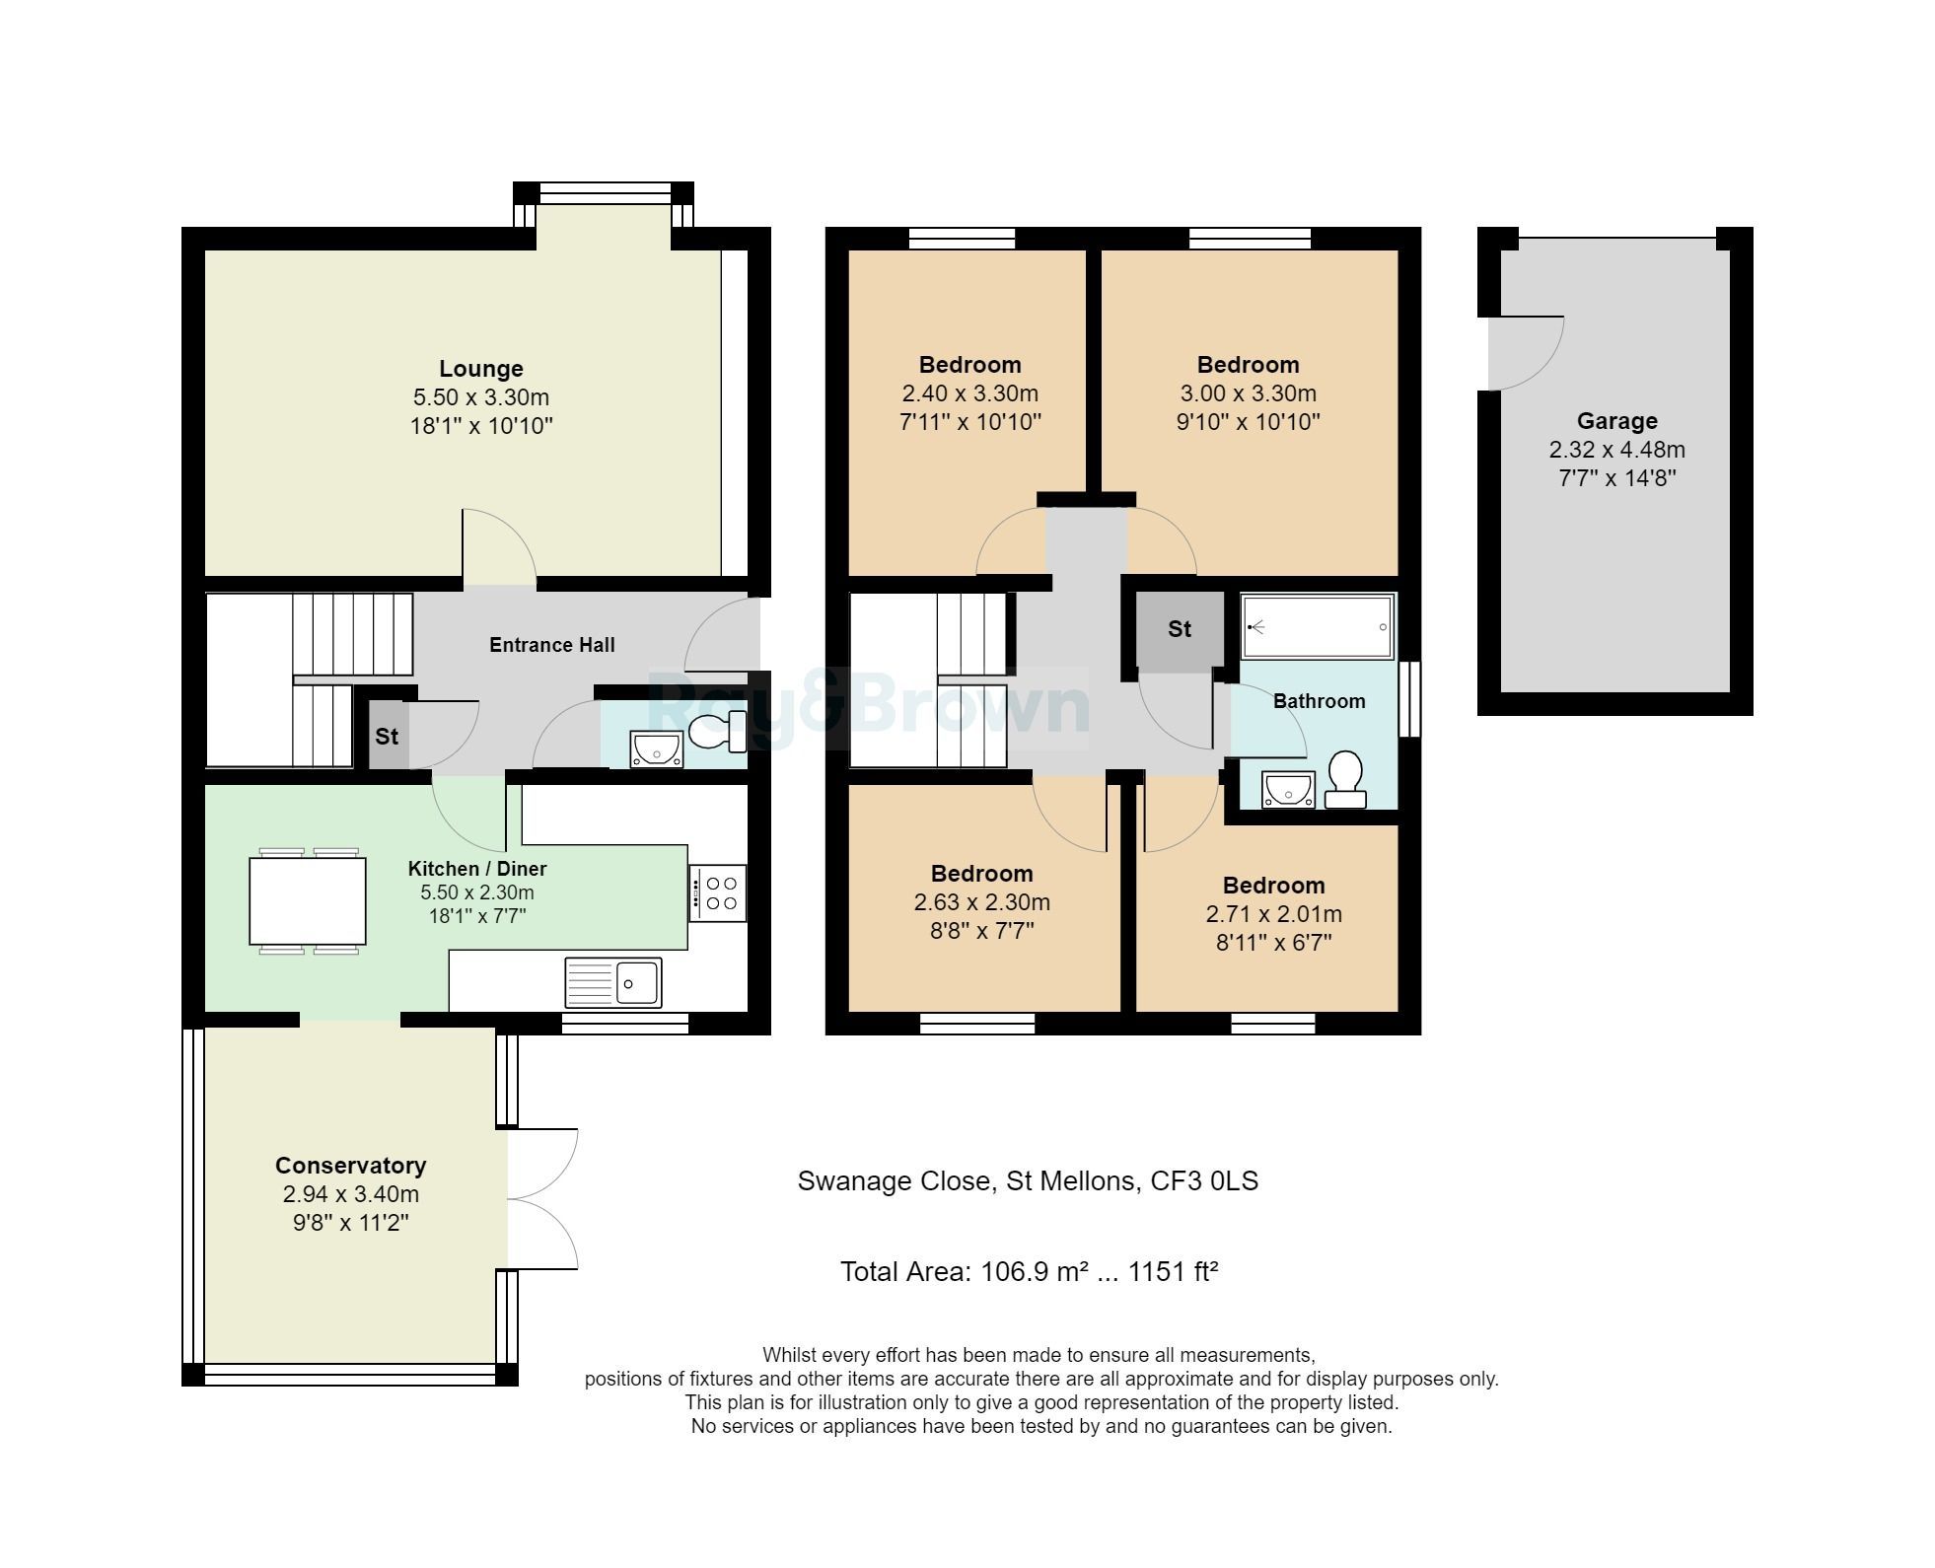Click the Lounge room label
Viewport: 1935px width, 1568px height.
[x=480, y=369]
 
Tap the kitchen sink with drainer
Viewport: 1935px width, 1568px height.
[x=612, y=981]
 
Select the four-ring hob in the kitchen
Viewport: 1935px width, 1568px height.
[x=718, y=892]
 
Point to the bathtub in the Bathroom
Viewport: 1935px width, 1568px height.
[x=1317, y=626]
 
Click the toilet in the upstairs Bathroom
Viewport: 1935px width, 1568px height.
[x=1345, y=778]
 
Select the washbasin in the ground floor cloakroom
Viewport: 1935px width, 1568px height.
[x=656, y=748]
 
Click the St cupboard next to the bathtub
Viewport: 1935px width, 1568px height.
[x=1180, y=629]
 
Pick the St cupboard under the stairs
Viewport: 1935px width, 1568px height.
[x=387, y=736]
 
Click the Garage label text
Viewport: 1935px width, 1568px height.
[x=1616, y=421]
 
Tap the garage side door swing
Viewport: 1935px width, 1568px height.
[x=1526, y=352]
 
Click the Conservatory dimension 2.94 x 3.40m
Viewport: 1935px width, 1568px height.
[x=350, y=1194]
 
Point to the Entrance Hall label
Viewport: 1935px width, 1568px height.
[x=551, y=645]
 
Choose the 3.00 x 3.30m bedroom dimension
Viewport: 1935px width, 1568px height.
[x=1248, y=393]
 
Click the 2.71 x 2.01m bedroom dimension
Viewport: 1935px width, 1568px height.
[x=1273, y=914]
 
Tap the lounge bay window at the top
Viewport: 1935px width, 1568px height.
[x=604, y=192]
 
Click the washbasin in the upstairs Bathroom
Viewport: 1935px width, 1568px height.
[x=1287, y=789]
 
